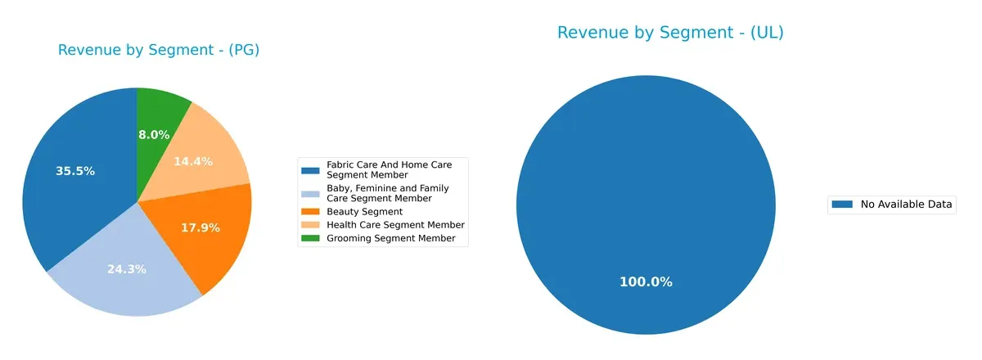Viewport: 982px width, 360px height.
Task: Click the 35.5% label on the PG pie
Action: (75, 171)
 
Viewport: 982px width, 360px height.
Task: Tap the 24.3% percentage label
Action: (127, 268)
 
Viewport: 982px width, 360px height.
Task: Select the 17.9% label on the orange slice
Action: (200, 227)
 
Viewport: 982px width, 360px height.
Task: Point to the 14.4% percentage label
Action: (193, 161)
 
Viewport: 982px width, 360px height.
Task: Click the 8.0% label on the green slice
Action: (154, 134)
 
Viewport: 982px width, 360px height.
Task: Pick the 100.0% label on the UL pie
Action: (646, 281)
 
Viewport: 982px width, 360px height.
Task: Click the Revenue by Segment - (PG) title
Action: (159, 50)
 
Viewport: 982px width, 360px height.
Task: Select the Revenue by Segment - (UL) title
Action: (670, 33)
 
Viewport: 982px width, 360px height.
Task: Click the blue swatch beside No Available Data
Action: (842, 205)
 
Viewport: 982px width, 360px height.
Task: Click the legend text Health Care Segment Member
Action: (395, 225)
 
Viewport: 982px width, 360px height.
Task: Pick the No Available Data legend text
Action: (906, 205)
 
